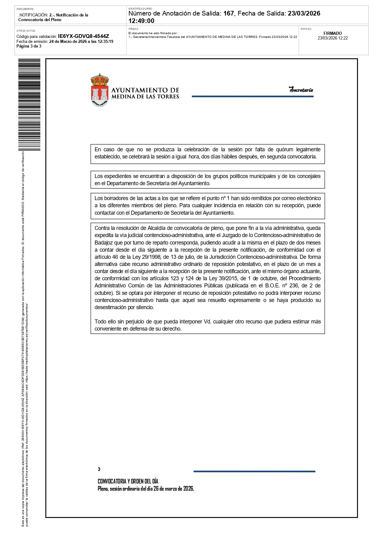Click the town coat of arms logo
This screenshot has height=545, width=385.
tap(100, 90)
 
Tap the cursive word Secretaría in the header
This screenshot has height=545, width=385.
tap(301, 90)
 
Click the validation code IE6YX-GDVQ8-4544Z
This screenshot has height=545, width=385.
tap(83, 36)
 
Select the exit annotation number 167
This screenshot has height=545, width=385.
tap(228, 13)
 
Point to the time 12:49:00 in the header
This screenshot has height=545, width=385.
tap(141, 21)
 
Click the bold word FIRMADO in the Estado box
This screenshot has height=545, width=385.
tap(333, 33)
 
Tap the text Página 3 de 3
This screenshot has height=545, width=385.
tap(29, 46)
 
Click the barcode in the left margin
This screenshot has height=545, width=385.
tap(29, 104)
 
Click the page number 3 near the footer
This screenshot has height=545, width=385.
tap(99, 469)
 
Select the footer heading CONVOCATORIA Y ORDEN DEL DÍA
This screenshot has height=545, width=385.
tap(128, 481)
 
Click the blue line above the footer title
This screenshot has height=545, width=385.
tap(254, 471)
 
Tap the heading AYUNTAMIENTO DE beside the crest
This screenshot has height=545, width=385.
tap(145, 90)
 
